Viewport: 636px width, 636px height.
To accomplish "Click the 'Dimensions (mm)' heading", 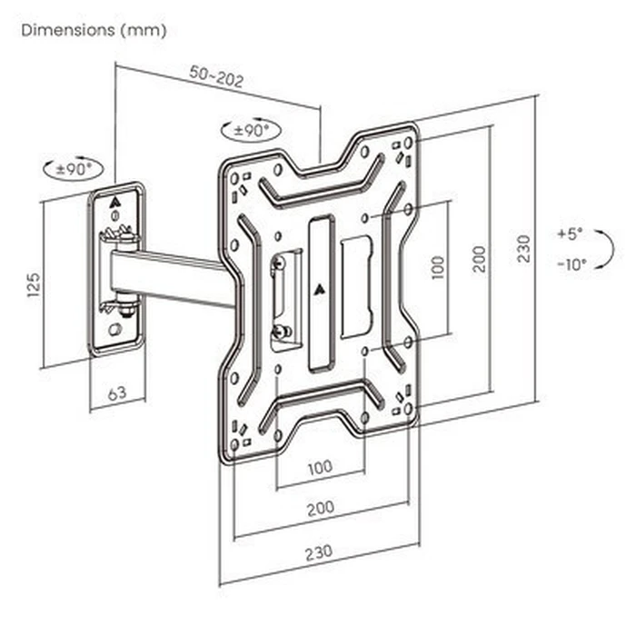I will click(94, 30).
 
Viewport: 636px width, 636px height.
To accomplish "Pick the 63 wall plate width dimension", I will click(115, 393).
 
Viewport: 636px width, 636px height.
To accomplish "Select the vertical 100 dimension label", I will click(438, 266).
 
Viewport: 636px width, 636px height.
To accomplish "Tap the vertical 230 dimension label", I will click(522, 247).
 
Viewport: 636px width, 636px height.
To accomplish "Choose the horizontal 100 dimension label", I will click(319, 468).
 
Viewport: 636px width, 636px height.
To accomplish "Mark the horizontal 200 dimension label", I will click(319, 510).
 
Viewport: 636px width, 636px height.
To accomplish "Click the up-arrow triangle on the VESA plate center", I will click(319, 292).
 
